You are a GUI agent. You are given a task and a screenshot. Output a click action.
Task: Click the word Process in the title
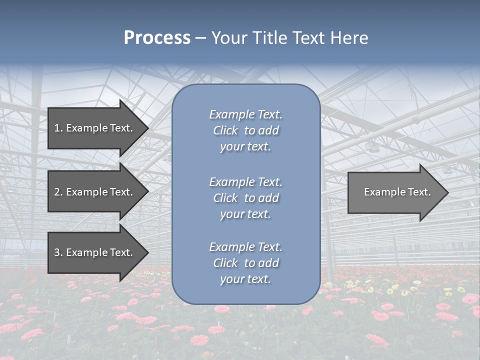point(157,38)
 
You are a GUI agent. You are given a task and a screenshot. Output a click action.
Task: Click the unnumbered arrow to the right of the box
point(395,192)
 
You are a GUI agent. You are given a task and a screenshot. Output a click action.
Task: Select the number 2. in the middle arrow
point(58,192)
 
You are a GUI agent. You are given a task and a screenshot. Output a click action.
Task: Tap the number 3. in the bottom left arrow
point(58,252)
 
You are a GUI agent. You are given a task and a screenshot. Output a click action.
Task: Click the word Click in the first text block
point(225,130)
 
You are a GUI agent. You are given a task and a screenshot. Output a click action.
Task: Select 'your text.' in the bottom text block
point(245,279)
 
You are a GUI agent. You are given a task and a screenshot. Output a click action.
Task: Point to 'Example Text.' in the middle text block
point(245,182)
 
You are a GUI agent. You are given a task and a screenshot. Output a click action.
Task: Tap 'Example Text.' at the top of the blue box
point(245,114)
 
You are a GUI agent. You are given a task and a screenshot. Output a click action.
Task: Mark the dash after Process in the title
point(200,38)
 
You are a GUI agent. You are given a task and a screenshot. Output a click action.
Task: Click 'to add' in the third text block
point(261,263)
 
